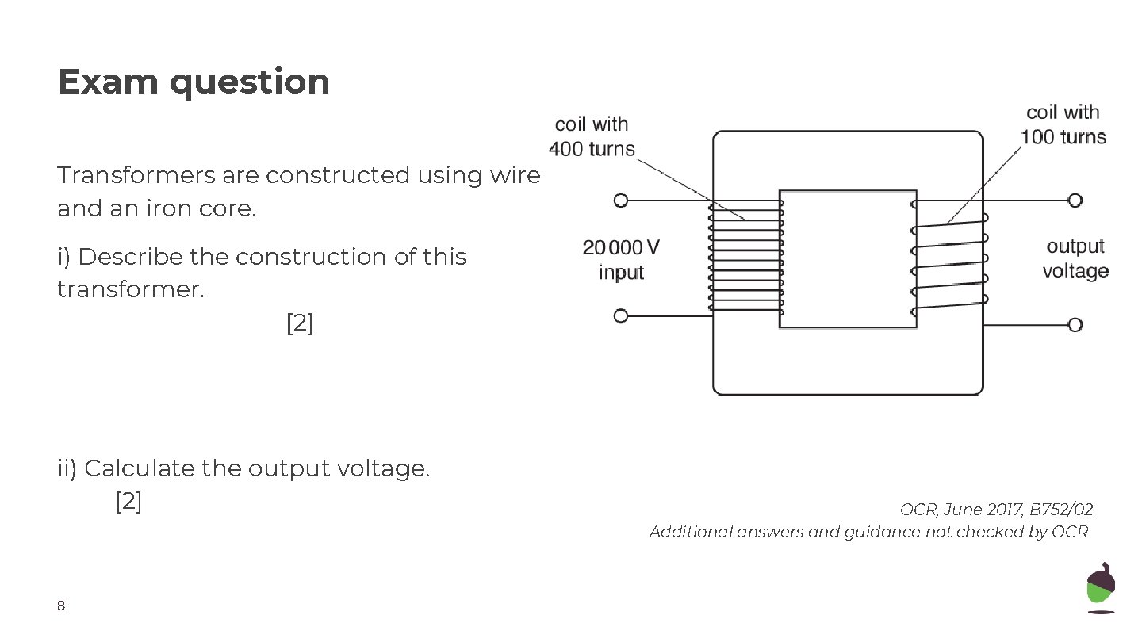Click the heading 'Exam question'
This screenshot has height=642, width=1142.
[x=194, y=82]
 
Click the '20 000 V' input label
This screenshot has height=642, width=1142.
[x=621, y=248]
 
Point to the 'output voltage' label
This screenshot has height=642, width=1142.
[x=1075, y=259]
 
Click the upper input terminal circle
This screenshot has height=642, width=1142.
[x=621, y=201]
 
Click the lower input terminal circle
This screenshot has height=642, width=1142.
[x=621, y=316]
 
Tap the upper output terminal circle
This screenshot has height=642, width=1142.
[x=1075, y=201]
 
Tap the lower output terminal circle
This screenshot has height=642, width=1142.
[x=1075, y=324]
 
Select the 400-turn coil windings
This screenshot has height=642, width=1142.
[x=745, y=255]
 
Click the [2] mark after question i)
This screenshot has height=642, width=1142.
[x=299, y=323]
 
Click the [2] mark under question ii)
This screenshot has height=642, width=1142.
[x=128, y=502]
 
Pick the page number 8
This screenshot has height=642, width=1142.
[x=61, y=607]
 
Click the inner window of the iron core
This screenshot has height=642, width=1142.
[x=848, y=258]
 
